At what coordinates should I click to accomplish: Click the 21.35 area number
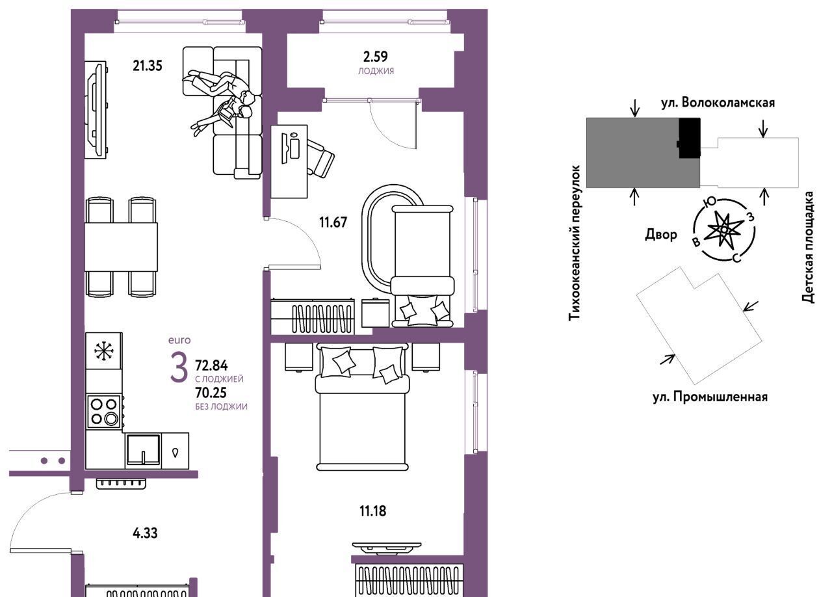(x=148, y=66)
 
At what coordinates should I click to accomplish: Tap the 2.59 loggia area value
(x=376, y=57)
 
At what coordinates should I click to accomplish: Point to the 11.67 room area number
(x=333, y=222)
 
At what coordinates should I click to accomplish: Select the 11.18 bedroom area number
(x=372, y=511)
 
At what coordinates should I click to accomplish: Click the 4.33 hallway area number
(x=145, y=533)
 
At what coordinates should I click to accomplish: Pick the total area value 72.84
(x=211, y=365)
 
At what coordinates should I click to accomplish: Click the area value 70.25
(x=211, y=393)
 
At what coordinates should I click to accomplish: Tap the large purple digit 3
(x=179, y=367)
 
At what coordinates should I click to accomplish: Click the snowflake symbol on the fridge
(x=104, y=351)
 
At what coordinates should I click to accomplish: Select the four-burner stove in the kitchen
(x=104, y=412)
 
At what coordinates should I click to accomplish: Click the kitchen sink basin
(x=144, y=449)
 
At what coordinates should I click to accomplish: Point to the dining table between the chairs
(x=121, y=247)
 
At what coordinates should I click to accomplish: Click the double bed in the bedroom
(x=362, y=406)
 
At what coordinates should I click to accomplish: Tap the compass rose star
(x=724, y=230)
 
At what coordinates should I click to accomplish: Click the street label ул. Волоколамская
(x=718, y=103)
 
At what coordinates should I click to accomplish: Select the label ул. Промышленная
(x=710, y=397)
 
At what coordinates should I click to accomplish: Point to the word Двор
(x=661, y=235)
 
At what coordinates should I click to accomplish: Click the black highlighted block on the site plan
(x=690, y=138)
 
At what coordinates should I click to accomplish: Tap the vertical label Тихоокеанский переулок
(x=574, y=243)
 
